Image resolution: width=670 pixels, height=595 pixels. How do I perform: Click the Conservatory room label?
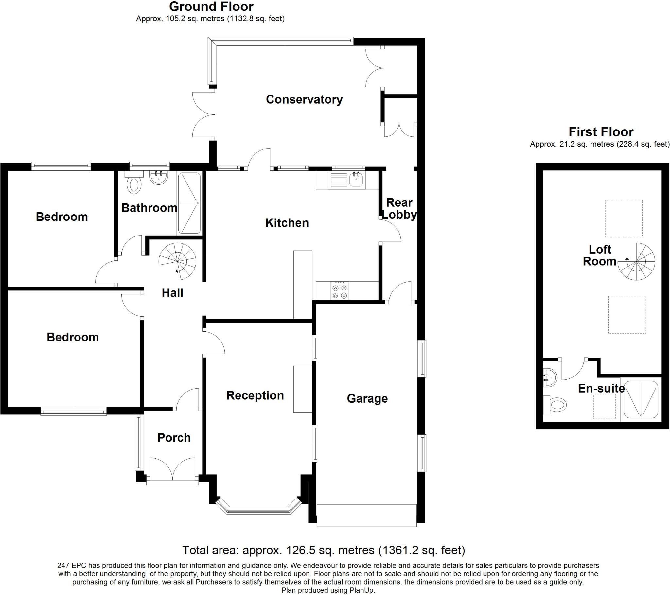(x=304, y=99)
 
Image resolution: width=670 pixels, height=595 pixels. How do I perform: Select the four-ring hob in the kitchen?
(x=340, y=291)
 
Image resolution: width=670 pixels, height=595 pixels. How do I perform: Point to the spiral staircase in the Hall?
(x=177, y=261)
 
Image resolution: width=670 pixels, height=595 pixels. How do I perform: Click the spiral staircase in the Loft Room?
(x=636, y=262)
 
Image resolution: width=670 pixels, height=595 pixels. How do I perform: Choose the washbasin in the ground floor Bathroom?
(x=159, y=177)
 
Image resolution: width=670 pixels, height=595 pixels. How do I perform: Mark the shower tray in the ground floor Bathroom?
(x=189, y=203)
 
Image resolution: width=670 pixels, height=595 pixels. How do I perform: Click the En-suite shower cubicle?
(x=641, y=400)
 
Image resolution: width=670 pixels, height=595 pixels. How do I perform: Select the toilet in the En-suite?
(x=555, y=405)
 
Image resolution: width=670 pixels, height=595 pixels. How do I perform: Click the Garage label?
(x=367, y=399)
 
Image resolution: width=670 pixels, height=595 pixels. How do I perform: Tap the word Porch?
(x=174, y=438)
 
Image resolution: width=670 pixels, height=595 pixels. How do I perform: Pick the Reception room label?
(x=255, y=396)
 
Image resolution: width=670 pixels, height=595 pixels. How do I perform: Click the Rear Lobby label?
(x=399, y=208)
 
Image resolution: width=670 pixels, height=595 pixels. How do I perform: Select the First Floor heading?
(x=601, y=132)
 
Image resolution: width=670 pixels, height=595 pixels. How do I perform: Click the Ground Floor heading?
(x=211, y=7)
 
